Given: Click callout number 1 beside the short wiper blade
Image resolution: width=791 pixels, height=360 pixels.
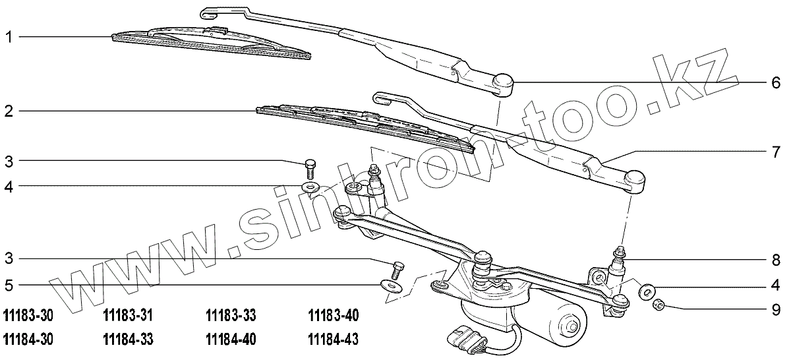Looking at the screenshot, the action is pos(9,38).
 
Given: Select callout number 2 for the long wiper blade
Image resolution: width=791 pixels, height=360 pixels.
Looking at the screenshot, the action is pos(9,111).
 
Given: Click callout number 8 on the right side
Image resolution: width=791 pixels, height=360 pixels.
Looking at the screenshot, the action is pos(776,259).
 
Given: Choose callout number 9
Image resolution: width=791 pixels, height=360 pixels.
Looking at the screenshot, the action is pos(776,307).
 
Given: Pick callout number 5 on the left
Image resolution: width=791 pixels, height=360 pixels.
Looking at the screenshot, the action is pos(9,285).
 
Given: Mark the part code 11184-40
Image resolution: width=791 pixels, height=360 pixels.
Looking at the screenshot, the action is pos(231,340).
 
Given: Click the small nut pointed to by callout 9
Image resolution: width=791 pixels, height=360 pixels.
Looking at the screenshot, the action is pos(657,305).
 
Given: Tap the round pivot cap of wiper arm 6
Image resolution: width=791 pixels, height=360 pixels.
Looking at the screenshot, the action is pos(503,81).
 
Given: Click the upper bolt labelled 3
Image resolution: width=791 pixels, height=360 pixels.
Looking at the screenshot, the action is pos(310,164).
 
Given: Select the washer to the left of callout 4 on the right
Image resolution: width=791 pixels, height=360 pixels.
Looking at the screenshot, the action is pos(647,289).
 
